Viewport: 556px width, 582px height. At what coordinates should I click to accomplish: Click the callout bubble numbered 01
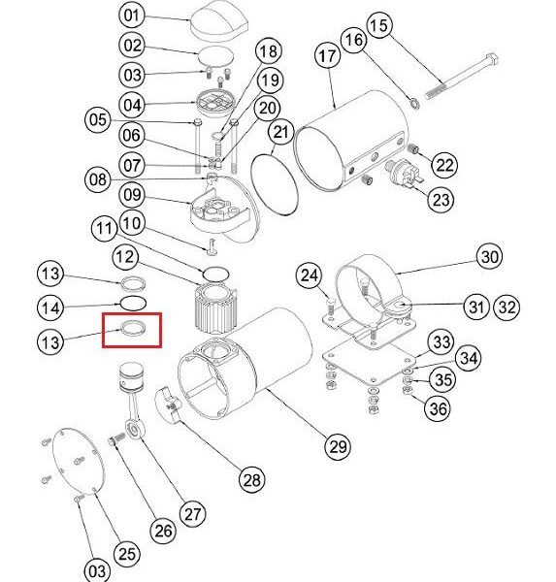[x=131, y=16]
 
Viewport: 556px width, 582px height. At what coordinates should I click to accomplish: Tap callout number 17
[x=327, y=56]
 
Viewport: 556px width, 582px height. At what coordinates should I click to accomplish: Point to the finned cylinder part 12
[x=215, y=309]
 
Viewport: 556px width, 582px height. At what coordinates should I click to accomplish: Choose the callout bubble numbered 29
[x=338, y=446]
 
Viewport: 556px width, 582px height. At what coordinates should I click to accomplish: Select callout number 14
[x=50, y=307]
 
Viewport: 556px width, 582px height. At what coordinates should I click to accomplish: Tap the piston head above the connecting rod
[x=131, y=377]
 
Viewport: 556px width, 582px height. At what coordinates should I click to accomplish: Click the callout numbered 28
[x=252, y=479]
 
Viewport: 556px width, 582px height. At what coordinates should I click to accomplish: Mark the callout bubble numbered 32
[x=507, y=307]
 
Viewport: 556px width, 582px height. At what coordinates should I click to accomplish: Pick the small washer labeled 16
[x=414, y=103]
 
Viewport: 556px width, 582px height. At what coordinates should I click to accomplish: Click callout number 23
[x=441, y=199]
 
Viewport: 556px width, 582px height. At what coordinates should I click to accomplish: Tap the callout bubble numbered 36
[x=439, y=408]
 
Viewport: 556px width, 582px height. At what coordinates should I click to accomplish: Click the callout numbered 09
[x=131, y=195]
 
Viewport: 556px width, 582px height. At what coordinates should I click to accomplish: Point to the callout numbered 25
[x=127, y=554]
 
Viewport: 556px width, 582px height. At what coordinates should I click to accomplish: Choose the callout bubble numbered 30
[x=489, y=256]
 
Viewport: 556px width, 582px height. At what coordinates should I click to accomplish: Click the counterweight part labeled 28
[x=168, y=404]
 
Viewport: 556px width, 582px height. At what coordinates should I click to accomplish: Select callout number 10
[x=131, y=223]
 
